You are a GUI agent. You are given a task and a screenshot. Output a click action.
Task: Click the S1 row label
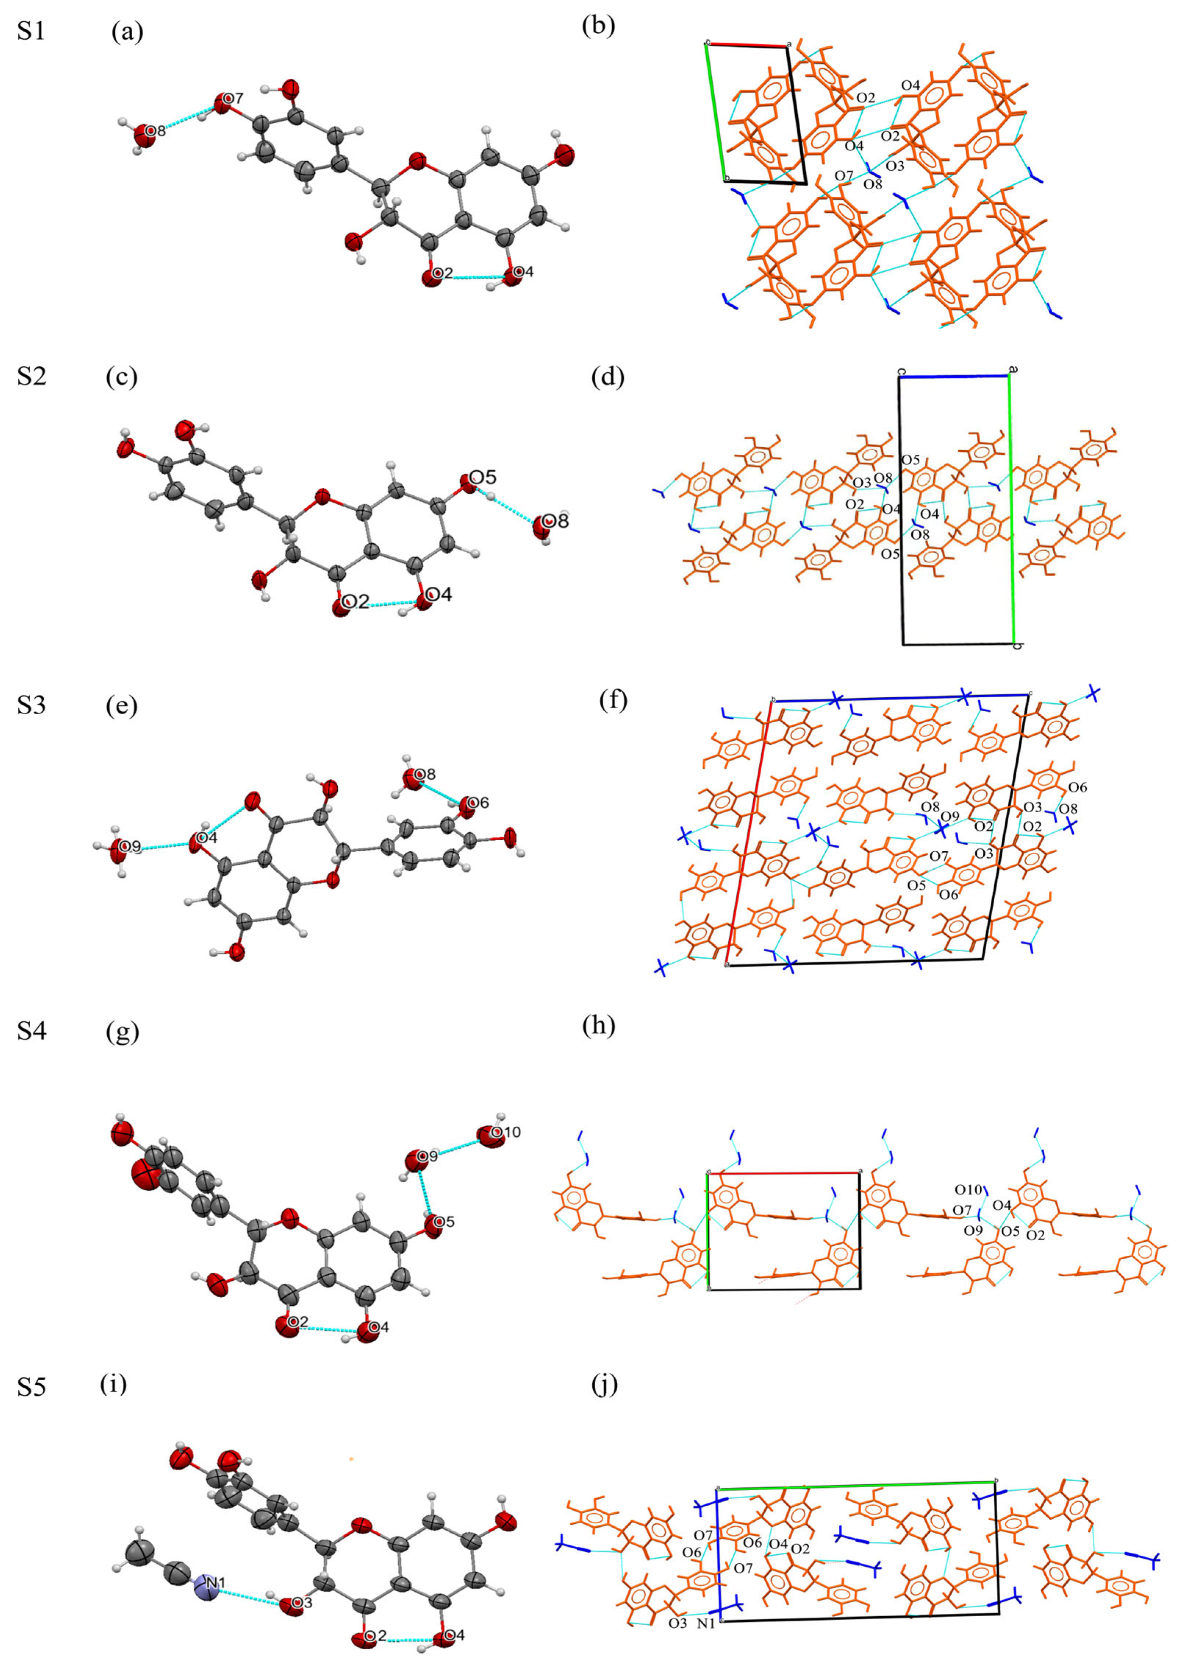click(31, 32)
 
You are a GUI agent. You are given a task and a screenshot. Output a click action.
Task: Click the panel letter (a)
click(127, 32)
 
